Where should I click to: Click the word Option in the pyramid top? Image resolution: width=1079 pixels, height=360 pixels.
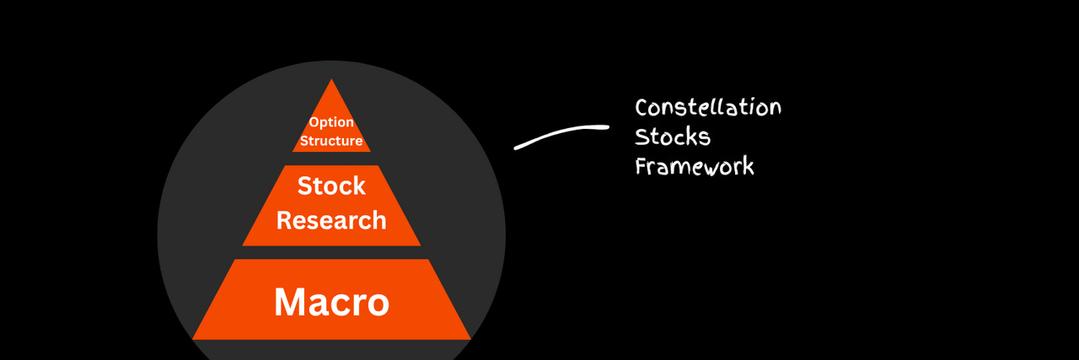[331, 122]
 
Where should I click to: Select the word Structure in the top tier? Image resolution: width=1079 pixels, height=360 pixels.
[331, 141]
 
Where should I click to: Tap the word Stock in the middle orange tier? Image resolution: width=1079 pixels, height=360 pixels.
[331, 185]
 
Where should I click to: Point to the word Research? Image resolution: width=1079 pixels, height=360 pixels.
[331, 221]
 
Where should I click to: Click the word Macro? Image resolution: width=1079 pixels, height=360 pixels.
[331, 302]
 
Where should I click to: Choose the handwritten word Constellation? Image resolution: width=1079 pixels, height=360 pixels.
[708, 108]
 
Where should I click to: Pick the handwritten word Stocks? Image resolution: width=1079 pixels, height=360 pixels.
[673, 137]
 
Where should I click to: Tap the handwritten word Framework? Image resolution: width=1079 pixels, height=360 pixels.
[695, 165]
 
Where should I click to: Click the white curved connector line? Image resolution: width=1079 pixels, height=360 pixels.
[561, 134]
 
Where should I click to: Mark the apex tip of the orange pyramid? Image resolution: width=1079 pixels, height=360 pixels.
[331, 81]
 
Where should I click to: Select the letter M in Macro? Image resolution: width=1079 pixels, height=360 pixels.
[291, 302]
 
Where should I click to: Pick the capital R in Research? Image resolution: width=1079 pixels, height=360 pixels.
[285, 221]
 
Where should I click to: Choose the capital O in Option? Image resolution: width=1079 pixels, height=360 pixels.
[314, 122]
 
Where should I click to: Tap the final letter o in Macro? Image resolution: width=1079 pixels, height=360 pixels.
[377, 304]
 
